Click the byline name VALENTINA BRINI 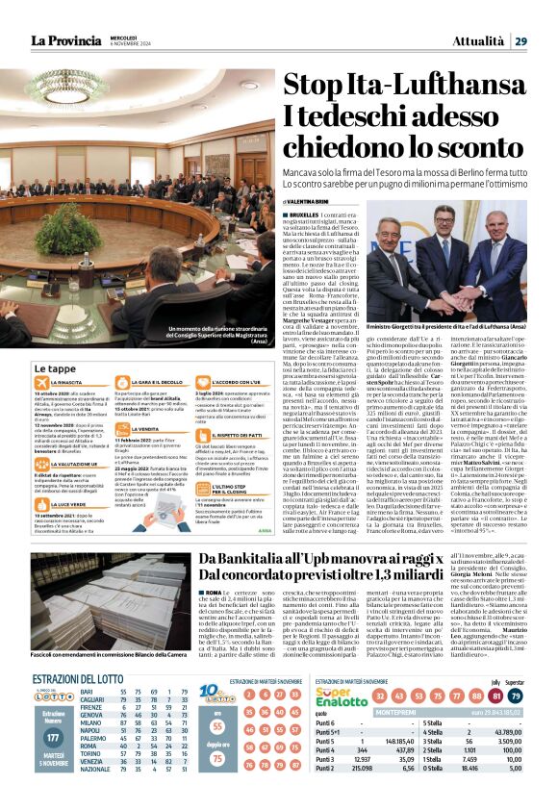click(x=312, y=200)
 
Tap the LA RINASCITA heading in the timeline click(x=66, y=383)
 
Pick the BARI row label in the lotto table click(x=87, y=718)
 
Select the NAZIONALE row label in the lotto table click(x=94, y=796)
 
